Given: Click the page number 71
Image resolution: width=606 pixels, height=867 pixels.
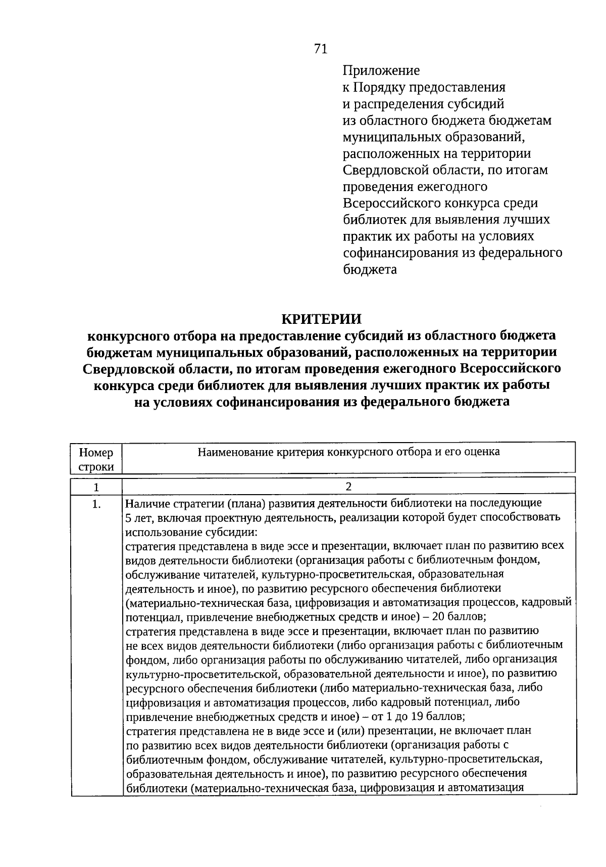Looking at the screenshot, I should point(321,49).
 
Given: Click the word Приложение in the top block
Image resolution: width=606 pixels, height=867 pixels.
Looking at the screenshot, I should point(381,70).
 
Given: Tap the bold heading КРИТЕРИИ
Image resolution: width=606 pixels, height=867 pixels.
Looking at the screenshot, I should point(321,319).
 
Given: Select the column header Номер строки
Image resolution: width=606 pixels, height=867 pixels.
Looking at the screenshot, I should point(96,459).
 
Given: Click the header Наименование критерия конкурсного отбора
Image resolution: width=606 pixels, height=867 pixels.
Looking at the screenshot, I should point(348,452).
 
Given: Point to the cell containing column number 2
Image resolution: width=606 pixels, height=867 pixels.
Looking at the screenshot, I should point(348,487).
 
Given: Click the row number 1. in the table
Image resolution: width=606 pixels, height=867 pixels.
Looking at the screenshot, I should point(97,504).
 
